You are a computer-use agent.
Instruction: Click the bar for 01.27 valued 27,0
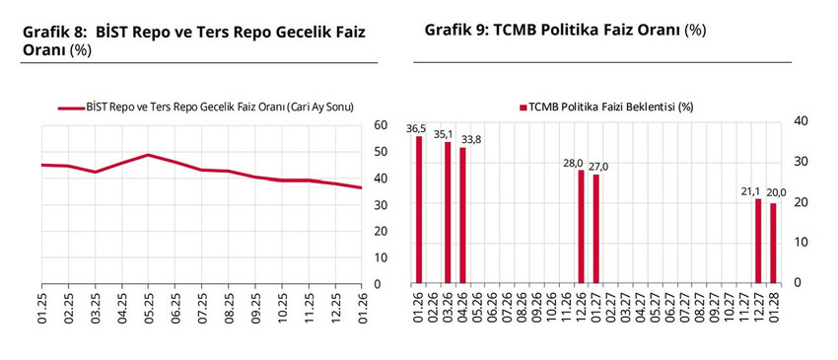595,230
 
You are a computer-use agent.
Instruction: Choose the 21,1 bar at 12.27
758,242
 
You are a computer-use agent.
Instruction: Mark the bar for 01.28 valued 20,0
773,244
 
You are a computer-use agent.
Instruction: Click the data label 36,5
416,128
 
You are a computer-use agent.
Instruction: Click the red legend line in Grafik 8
71,108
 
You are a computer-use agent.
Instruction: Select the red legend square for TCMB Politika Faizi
522,108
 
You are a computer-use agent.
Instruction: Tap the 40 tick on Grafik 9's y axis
801,120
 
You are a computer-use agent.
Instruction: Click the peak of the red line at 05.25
148,155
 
